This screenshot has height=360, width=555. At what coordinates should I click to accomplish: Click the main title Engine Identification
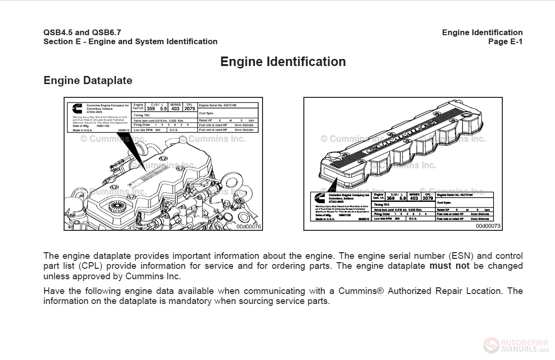click(283, 62)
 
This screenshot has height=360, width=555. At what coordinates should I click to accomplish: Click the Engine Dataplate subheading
click(88, 80)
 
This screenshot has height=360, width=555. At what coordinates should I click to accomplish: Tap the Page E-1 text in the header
click(505, 42)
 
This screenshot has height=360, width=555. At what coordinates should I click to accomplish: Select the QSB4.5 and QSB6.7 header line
click(82, 32)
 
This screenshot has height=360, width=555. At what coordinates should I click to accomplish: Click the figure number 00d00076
click(249, 227)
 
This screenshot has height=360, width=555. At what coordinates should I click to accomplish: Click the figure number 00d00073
click(488, 227)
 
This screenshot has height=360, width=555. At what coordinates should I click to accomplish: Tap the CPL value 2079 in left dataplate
click(189, 108)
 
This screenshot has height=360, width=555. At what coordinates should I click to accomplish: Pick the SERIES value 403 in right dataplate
click(414, 198)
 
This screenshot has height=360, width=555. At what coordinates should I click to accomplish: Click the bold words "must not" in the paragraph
click(449, 266)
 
